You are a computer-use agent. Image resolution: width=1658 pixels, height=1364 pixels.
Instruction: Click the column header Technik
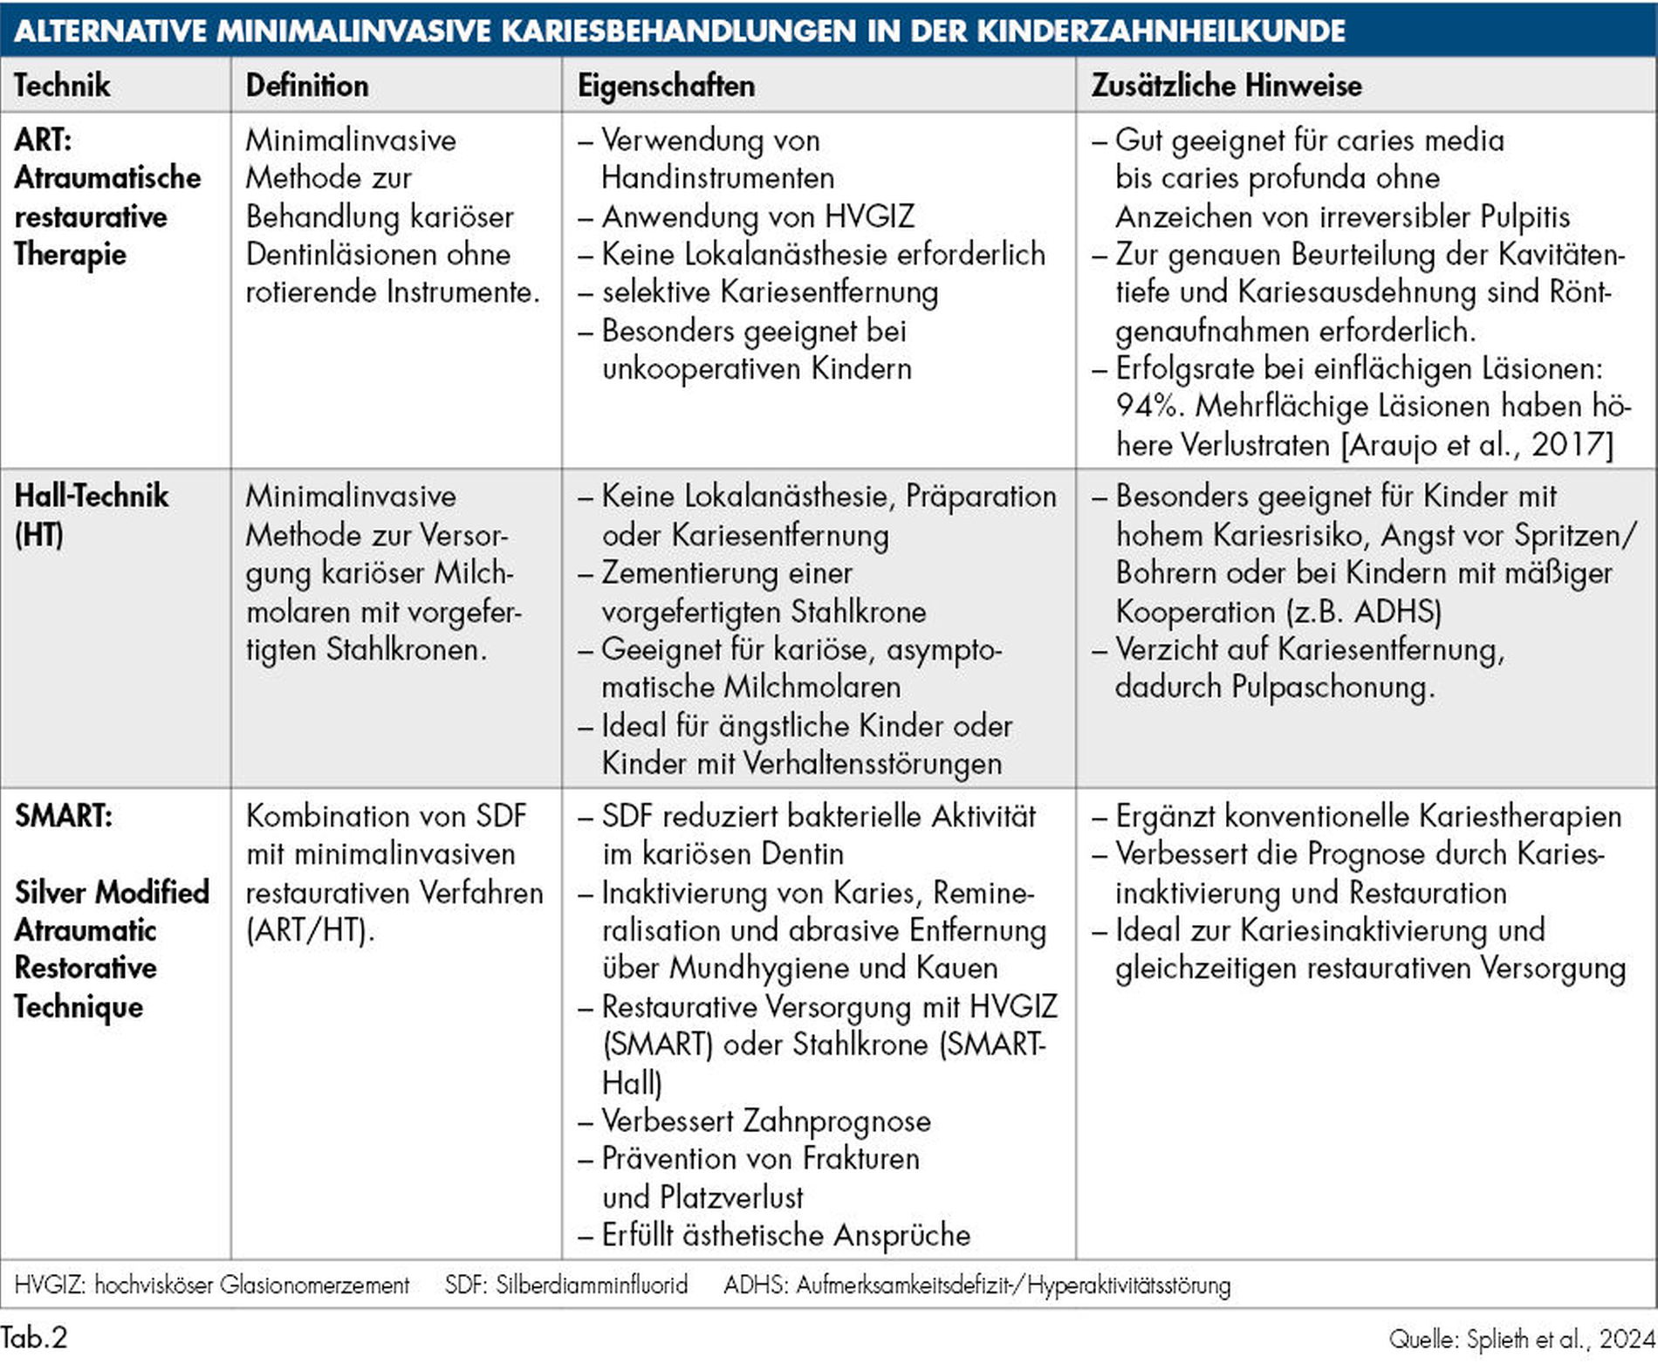tap(62, 86)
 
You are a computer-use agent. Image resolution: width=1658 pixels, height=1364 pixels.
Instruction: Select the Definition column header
tap(307, 86)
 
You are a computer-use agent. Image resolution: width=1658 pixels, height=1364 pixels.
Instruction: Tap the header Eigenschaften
tap(666, 86)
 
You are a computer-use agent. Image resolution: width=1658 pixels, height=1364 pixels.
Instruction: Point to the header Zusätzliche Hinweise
tap(1226, 86)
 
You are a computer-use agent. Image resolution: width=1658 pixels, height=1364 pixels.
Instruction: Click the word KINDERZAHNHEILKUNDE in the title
tap(1160, 31)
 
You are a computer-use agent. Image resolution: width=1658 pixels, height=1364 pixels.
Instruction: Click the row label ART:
tap(43, 140)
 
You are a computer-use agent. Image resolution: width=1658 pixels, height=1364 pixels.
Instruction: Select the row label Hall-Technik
tap(92, 496)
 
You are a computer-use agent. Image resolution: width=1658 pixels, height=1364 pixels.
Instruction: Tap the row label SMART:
tap(64, 815)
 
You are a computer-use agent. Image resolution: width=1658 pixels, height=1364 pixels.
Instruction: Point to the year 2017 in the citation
tap(1571, 444)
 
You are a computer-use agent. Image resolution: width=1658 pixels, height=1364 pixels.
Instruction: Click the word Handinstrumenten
tap(717, 178)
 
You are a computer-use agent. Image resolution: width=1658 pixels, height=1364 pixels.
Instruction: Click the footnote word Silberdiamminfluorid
tap(592, 1285)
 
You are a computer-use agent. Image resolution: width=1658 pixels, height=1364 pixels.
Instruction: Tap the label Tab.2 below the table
tap(34, 1337)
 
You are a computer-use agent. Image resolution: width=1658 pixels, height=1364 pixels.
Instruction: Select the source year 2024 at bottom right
tap(1627, 1339)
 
